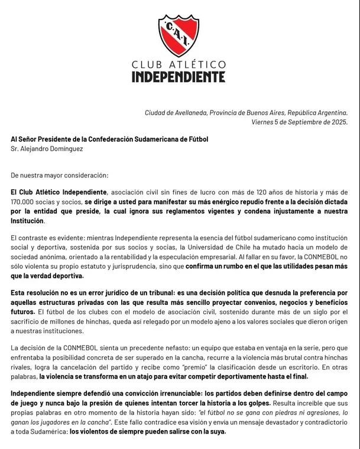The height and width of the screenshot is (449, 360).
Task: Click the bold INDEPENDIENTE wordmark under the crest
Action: point(179,77)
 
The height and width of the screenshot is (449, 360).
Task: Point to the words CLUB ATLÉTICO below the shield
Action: point(179,64)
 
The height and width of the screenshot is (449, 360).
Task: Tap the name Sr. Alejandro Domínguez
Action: point(47,149)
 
